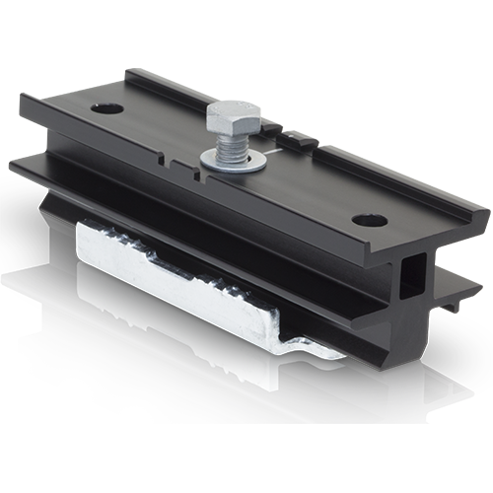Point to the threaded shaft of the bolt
[233, 145]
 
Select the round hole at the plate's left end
[106, 107]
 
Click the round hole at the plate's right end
[370, 220]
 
